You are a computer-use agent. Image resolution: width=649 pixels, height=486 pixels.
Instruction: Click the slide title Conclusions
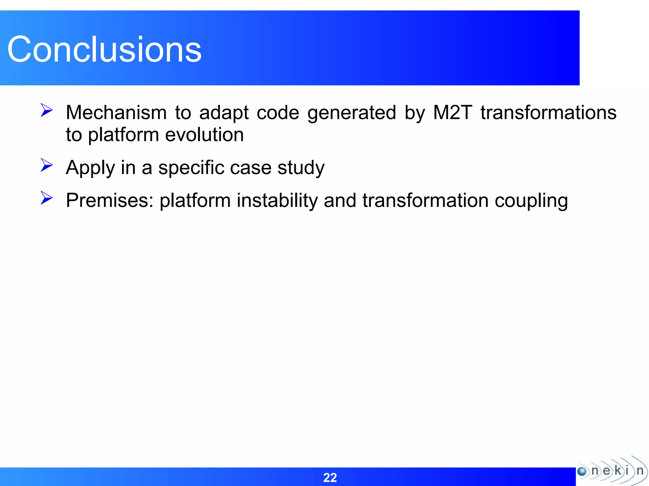[x=104, y=49]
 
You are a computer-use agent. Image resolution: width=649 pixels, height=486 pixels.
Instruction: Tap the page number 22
[x=330, y=477]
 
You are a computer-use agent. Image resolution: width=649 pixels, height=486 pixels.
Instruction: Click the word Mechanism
[x=116, y=113]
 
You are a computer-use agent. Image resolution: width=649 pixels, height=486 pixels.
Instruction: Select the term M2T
[x=453, y=113]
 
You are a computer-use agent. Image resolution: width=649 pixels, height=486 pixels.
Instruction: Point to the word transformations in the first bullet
[x=548, y=113]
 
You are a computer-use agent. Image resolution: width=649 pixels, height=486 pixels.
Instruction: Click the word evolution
[x=204, y=135]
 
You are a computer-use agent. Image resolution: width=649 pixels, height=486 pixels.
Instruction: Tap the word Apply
[x=90, y=168]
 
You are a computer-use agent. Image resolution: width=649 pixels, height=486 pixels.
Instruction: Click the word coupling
[x=531, y=201]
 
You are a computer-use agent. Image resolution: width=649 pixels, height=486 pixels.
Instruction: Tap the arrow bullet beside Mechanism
[x=47, y=110]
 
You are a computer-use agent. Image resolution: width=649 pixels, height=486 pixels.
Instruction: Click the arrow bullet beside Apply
[x=47, y=165]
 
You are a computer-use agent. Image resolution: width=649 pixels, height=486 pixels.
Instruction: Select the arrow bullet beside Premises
[x=47, y=198]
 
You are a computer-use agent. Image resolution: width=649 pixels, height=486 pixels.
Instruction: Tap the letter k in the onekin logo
[x=618, y=470]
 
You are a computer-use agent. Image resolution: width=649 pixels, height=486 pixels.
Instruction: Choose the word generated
[x=352, y=113]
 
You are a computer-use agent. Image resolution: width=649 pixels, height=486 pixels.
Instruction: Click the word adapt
[x=224, y=113]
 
